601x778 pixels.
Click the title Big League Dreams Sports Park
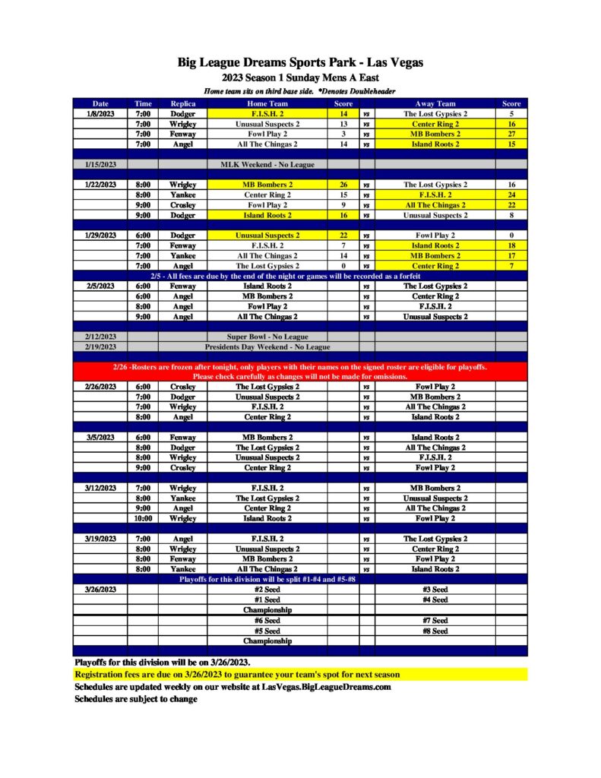(x=300, y=62)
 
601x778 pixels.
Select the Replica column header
(x=183, y=103)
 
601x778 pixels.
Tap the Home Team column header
(x=267, y=103)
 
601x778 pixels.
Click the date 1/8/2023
(x=100, y=114)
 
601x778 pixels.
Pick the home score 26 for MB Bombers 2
(x=343, y=185)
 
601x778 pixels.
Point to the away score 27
(x=511, y=134)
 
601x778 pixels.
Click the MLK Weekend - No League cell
(x=267, y=164)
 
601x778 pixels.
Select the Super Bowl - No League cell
(x=267, y=336)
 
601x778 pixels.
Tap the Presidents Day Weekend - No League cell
(x=267, y=346)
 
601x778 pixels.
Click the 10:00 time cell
(x=143, y=518)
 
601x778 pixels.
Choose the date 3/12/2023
(x=100, y=488)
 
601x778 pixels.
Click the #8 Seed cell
(x=435, y=631)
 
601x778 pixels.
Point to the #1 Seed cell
(x=267, y=599)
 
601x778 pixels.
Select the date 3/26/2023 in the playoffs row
(x=100, y=589)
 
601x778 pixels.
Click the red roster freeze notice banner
(x=300, y=372)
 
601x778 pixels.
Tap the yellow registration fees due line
(x=237, y=675)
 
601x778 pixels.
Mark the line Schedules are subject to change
(x=135, y=699)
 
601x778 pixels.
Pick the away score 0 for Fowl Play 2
(x=511, y=236)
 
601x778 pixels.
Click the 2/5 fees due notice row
(x=300, y=276)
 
